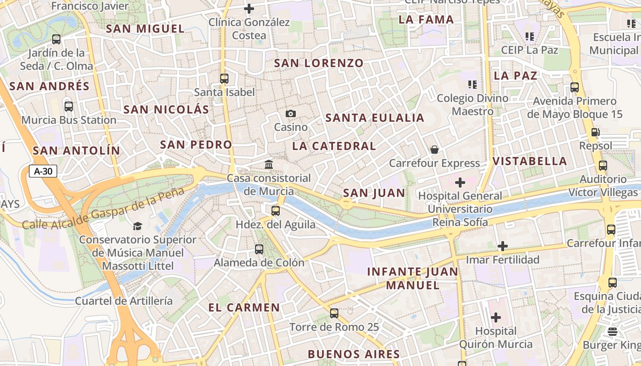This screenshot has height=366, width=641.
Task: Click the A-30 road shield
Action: tap(43, 172)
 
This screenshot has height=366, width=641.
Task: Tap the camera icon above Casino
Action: tap(290, 113)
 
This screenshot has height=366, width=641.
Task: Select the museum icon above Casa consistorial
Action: tap(269, 164)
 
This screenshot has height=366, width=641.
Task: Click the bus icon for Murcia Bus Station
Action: tap(69, 107)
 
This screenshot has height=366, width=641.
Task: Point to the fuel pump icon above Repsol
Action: tap(595, 132)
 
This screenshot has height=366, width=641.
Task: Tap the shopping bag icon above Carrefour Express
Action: tap(434, 150)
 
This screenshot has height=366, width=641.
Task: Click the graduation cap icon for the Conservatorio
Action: tap(137, 226)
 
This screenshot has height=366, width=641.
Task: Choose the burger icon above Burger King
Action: tap(613, 331)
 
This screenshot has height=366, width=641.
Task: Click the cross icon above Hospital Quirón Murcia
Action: tap(495, 317)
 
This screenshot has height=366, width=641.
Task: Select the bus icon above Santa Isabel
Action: tap(224, 79)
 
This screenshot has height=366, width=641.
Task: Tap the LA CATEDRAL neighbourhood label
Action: tap(334, 146)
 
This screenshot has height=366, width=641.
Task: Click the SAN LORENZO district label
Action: tap(319, 63)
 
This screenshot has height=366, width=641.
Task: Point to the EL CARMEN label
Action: tap(244, 307)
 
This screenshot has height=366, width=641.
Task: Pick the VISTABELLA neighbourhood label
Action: tap(530, 161)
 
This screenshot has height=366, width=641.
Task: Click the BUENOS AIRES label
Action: tap(354, 354)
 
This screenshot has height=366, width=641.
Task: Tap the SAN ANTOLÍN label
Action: tap(76, 151)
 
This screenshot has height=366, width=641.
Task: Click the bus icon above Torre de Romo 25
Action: tap(334, 313)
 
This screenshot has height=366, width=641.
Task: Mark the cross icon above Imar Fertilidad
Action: tap(502, 246)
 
